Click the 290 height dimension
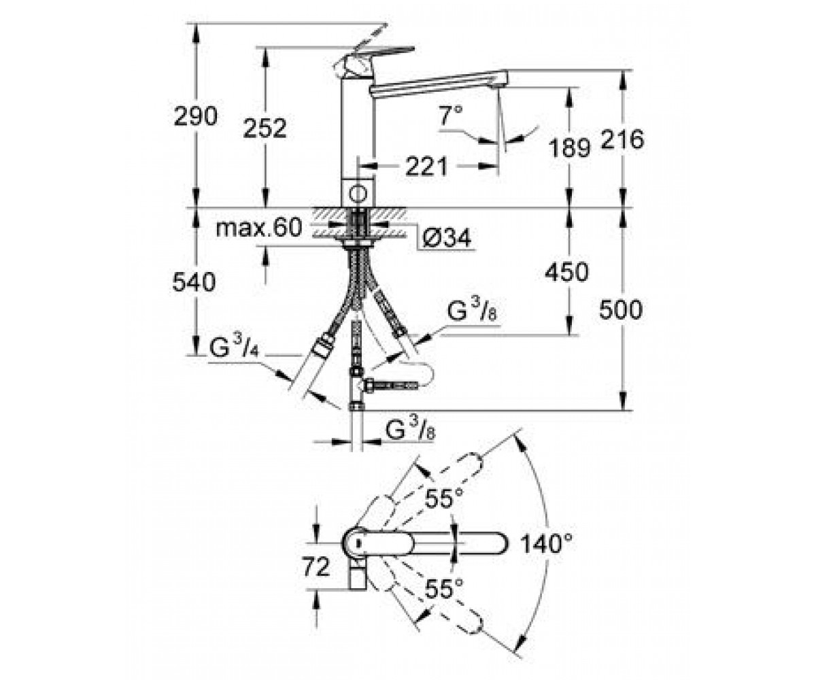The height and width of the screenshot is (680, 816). (x=195, y=116)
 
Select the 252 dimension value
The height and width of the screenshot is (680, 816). (x=265, y=129)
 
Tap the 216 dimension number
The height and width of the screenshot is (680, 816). (x=622, y=139)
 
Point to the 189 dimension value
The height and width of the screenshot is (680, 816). (x=569, y=148)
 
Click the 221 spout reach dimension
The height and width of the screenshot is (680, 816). (x=426, y=167)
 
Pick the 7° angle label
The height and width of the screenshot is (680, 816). (x=451, y=116)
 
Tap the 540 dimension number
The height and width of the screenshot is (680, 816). (x=194, y=282)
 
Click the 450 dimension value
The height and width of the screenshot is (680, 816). (x=566, y=273)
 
